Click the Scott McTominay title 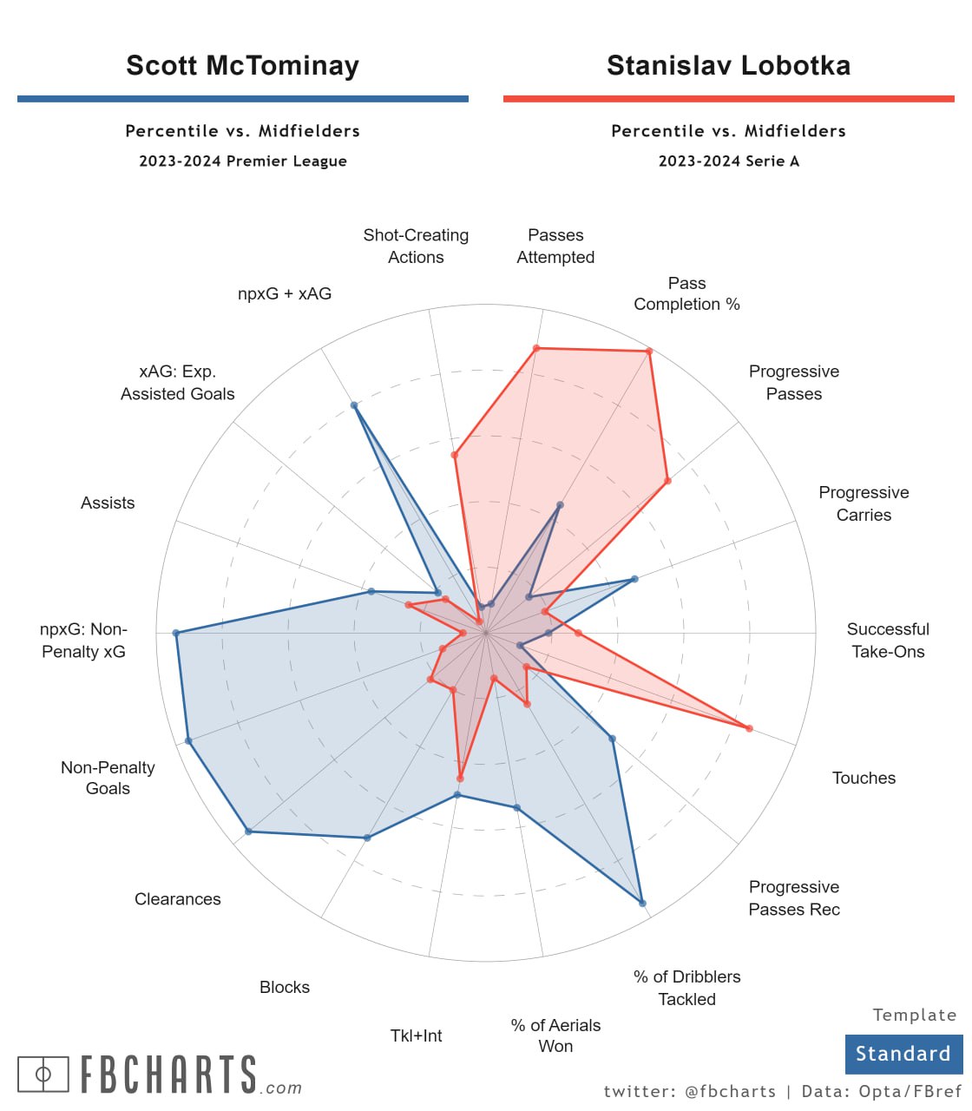pos(242,66)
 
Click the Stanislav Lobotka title pos(728,66)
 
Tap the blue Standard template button pos(903,1054)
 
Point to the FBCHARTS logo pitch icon pos(43,1075)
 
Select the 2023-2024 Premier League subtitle pos(242,161)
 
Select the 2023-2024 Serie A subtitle pos(728,161)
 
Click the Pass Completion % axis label pos(686,293)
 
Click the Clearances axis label pos(177,899)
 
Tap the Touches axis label pos(864,779)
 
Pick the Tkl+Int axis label pos(416,1035)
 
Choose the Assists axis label pos(108,503)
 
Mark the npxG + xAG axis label pos(285,294)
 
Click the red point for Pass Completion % pos(648,352)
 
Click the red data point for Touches pos(749,728)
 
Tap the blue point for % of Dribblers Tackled pos(642,904)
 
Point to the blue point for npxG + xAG pos(354,405)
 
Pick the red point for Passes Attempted pos(536,348)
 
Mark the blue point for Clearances pos(249,832)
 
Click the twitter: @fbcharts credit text pos(689,1092)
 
